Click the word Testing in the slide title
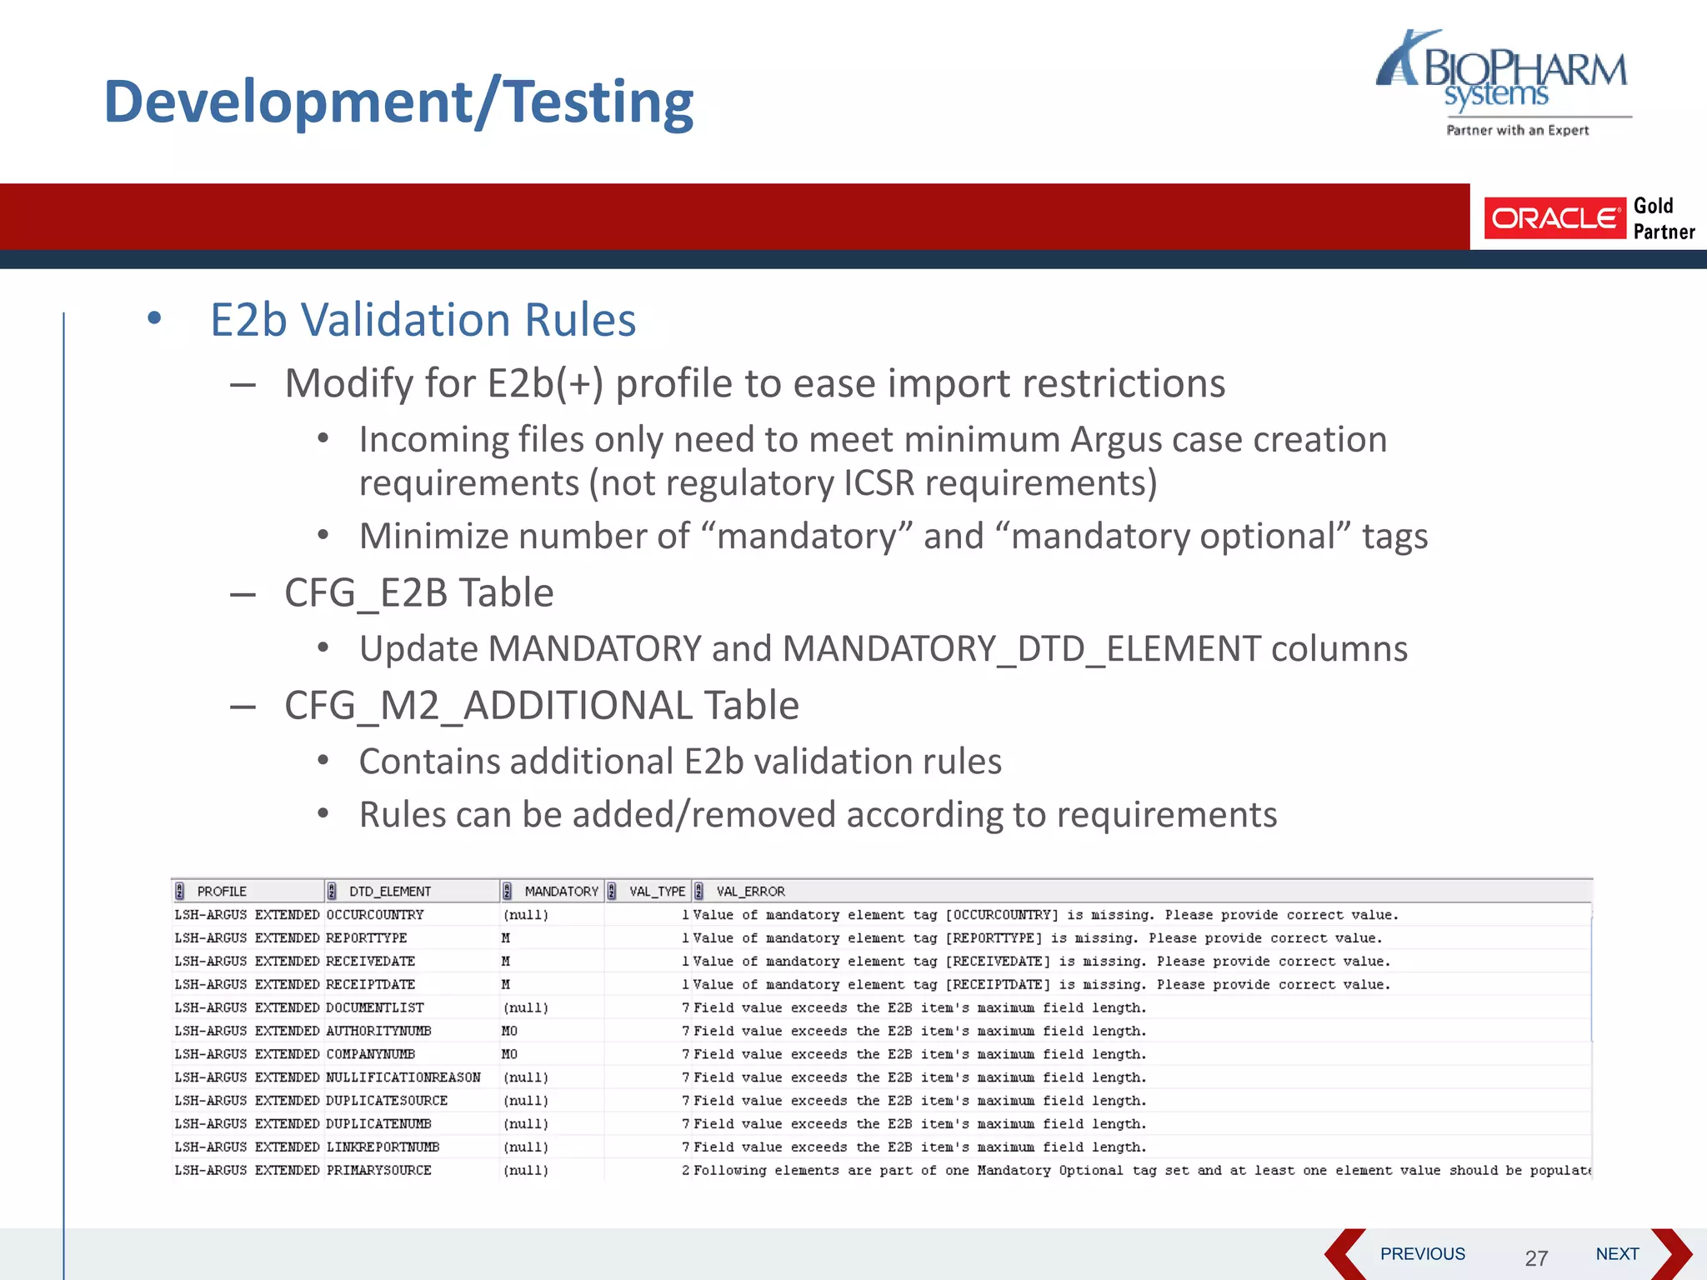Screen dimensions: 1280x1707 pos(599,102)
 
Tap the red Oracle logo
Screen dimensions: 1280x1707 pos(1554,218)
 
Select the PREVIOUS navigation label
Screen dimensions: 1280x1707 pos(1422,1254)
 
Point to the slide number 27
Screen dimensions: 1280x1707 pos(1536,1258)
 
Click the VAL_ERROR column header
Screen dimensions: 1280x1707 pos(750,892)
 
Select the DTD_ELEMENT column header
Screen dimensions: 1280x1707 pos(389,892)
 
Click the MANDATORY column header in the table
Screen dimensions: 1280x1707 pos(561,892)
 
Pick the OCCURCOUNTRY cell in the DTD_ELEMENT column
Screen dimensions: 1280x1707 pos(375,915)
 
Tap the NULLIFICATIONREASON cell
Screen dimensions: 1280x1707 pos(403,1077)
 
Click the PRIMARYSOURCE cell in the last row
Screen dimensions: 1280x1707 pos(378,1171)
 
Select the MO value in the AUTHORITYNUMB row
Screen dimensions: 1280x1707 pos(509,1032)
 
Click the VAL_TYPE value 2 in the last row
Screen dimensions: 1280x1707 pos(685,1171)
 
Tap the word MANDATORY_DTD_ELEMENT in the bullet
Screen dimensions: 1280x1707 pos(1021,649)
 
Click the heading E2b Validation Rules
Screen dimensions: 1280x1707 pos(423,320)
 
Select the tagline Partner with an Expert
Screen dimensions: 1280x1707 pos(1517,130)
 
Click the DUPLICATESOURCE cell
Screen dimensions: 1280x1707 pos(387,1101)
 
